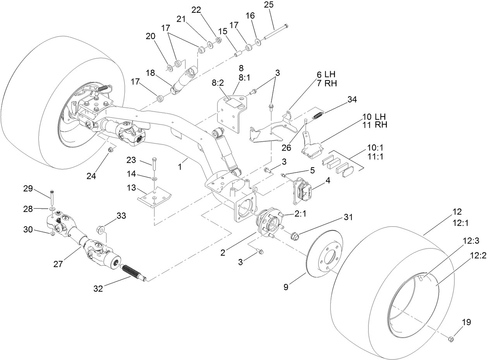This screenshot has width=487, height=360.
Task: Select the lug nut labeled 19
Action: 450,339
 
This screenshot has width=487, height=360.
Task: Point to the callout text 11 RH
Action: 374,125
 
